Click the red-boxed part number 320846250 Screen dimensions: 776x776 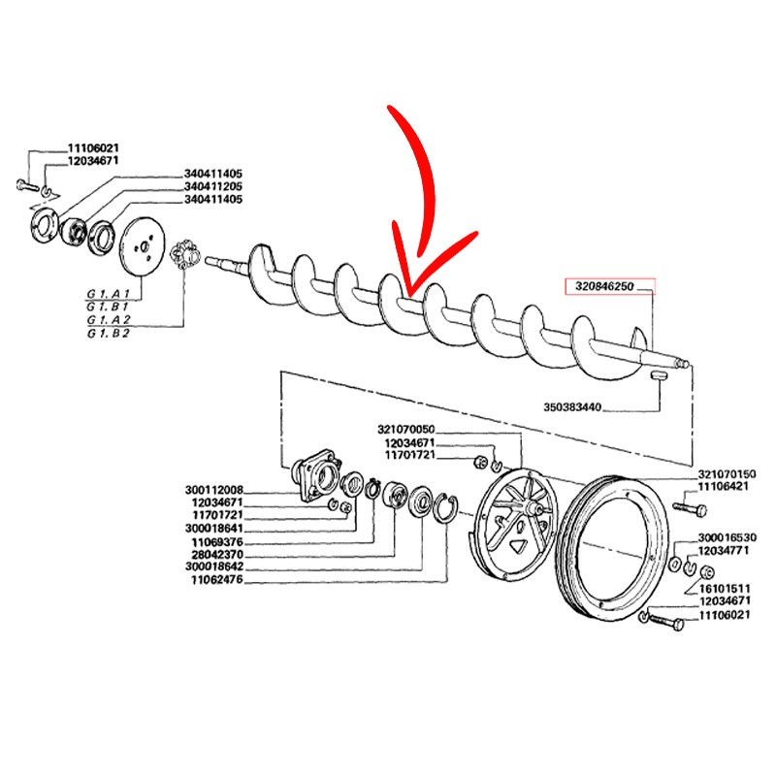604,286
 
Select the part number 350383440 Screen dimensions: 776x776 572,407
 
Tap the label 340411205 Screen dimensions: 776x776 213,186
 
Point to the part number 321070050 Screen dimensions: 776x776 405,429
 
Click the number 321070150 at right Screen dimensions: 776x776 727,474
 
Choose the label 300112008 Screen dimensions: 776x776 214,490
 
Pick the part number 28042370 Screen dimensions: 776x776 217,555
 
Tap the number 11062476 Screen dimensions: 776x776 217,579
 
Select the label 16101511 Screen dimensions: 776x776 725,589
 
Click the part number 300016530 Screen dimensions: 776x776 727,537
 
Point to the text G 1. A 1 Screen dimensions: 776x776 108,294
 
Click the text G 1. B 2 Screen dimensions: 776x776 108,334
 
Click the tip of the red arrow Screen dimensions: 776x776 408,295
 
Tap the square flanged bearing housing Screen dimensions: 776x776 317,476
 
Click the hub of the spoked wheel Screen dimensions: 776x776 532,508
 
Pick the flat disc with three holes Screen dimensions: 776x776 143,247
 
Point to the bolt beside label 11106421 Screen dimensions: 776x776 690,508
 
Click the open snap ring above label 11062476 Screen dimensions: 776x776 445,507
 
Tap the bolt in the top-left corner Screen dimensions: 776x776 27,186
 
